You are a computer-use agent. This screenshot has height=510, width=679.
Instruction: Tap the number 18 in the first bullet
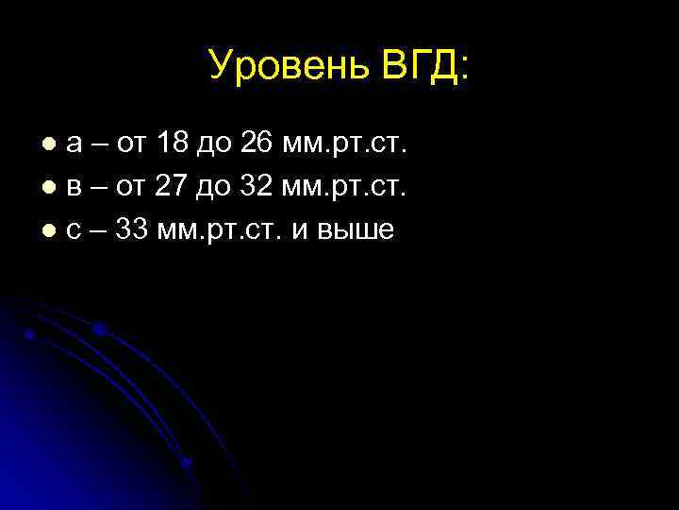click(x=174, y=144)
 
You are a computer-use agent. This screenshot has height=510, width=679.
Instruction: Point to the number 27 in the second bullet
click(x=173, y=186)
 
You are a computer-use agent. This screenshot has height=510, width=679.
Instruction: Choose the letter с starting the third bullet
click(x=74, y=230)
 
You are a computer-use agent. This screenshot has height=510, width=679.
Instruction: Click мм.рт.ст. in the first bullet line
click(x=348, y=144)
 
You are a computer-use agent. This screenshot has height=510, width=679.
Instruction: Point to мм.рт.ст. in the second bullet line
click(x=348, y=187)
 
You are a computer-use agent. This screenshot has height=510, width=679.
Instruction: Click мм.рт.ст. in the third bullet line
click(x=223, y=229)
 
